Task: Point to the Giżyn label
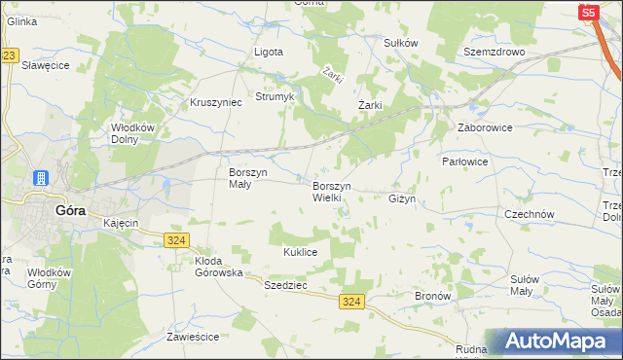click(x=402, y=198)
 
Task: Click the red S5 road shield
click(x=588, y=13)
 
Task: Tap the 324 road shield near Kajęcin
click(x=176, y=239)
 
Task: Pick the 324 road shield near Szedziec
click(x=352, y=303)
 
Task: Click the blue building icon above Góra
click(x=41, y=178)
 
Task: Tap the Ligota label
click(x=269, y=52)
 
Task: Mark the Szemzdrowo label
click(x=495, y=52)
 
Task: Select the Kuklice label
click(x=301, y=251)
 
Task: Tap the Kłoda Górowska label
click(x=218, y=267)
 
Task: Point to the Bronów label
click(x=432, y=295)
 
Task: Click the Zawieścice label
click(x=192, y=337)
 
